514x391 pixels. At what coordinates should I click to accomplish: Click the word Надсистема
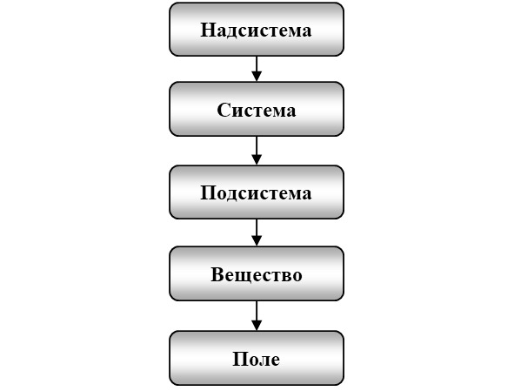[256, 30]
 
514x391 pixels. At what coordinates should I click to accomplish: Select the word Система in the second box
[257, 110]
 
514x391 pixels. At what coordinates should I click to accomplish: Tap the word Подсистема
[256, 192]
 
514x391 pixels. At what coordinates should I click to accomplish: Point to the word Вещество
[257, 274]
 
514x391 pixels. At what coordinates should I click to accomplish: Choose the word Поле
[257, 359]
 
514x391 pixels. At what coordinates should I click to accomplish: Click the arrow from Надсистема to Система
[257, 69]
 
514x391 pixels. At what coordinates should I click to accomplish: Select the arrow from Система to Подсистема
[257, 151]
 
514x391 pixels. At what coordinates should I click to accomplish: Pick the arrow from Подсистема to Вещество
[257, 233]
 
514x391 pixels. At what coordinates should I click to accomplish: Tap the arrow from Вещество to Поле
[257, 315]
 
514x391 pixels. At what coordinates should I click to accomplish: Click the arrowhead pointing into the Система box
[257, 77]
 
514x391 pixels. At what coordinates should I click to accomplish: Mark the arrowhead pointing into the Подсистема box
[257, 160]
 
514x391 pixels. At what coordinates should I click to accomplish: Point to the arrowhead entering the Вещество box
[257, 241]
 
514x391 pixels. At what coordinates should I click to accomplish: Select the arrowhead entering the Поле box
[257, 326]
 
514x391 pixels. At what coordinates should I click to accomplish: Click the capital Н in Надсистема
[207, 30]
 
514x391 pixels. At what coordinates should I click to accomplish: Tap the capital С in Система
[224, 110]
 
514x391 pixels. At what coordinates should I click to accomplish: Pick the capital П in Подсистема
[207, 192]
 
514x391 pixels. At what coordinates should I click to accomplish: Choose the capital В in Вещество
[217, 274]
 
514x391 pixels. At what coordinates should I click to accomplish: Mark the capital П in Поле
[239, 359]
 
